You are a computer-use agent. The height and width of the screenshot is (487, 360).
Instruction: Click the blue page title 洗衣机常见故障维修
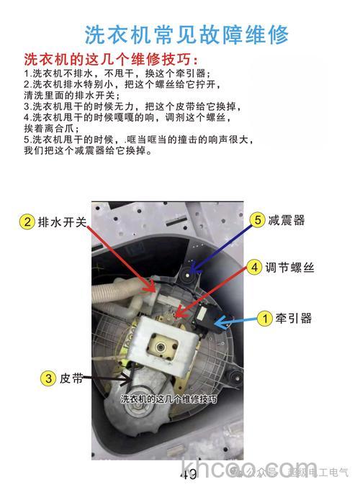click(x=186, y=34)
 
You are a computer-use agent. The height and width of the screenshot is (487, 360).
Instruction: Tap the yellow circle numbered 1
click(x=265, y=317)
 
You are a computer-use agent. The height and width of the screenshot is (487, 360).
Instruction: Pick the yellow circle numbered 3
click(x=48, y=377)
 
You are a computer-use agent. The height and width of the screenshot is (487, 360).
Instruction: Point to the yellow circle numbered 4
click(x=254, y=267)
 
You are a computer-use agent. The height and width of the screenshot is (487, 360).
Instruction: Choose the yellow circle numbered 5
click(x=257, y=220)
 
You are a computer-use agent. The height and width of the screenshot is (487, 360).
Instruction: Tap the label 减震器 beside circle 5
click(x=287, y=220)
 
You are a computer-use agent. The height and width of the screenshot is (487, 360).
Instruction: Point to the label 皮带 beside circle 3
click(x=73, y=377)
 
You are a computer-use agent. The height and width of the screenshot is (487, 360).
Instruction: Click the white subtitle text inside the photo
click(x=168, y=398)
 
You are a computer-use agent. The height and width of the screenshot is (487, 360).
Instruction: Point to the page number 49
click(x=189, y=473)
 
